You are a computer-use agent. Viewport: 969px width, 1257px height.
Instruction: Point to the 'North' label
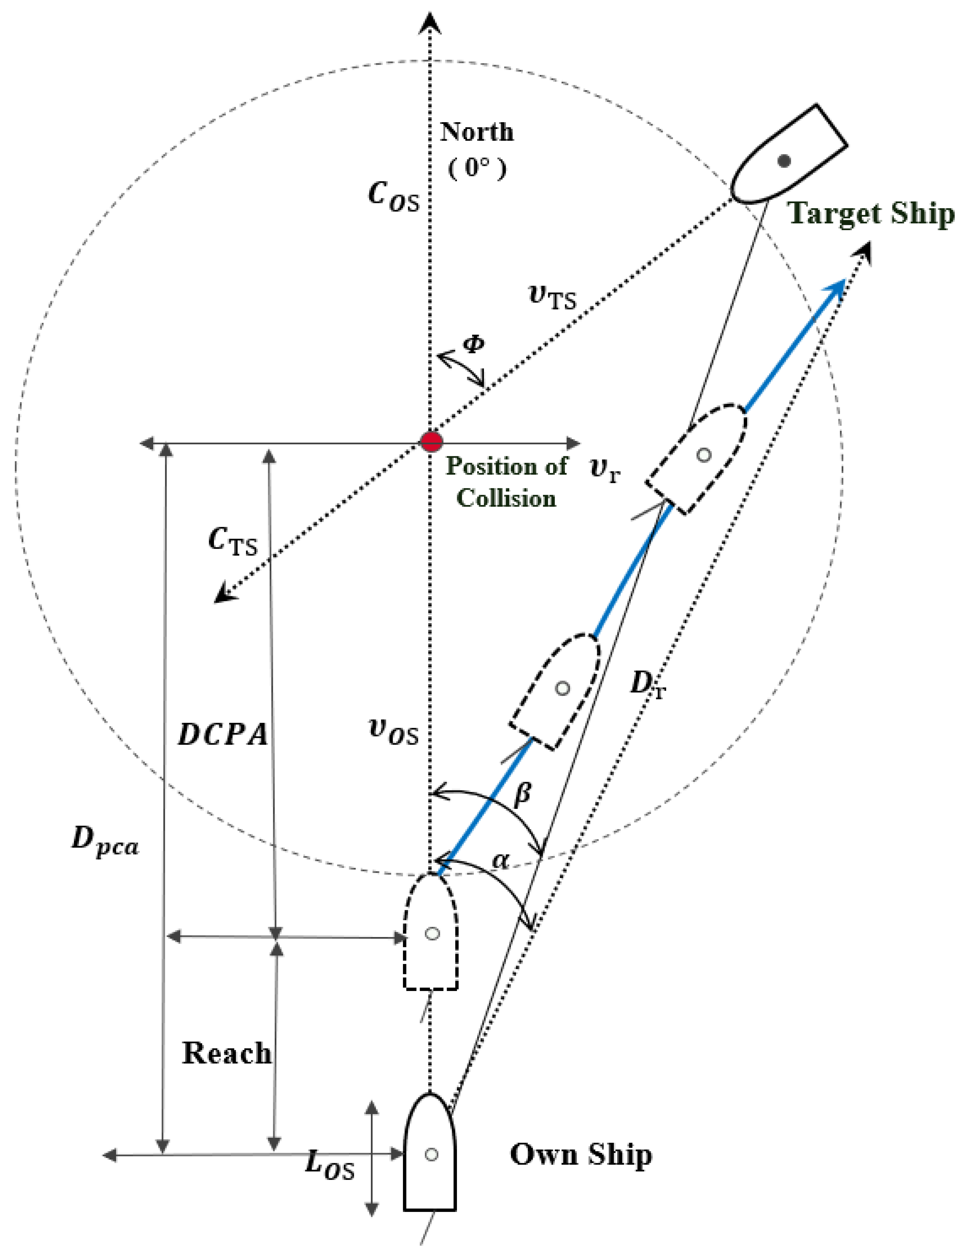point(477,132)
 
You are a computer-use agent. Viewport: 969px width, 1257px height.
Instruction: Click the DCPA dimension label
point(223,734)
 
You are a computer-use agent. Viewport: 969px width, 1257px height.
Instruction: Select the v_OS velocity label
point(394,733)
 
